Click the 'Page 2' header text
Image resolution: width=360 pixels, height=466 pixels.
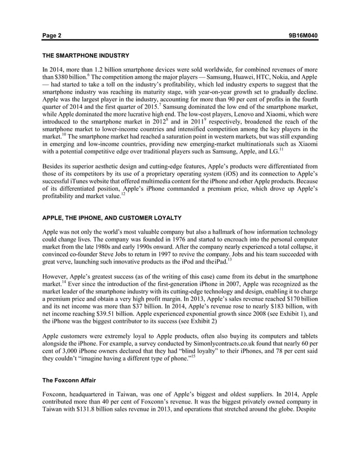click(52, 36)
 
